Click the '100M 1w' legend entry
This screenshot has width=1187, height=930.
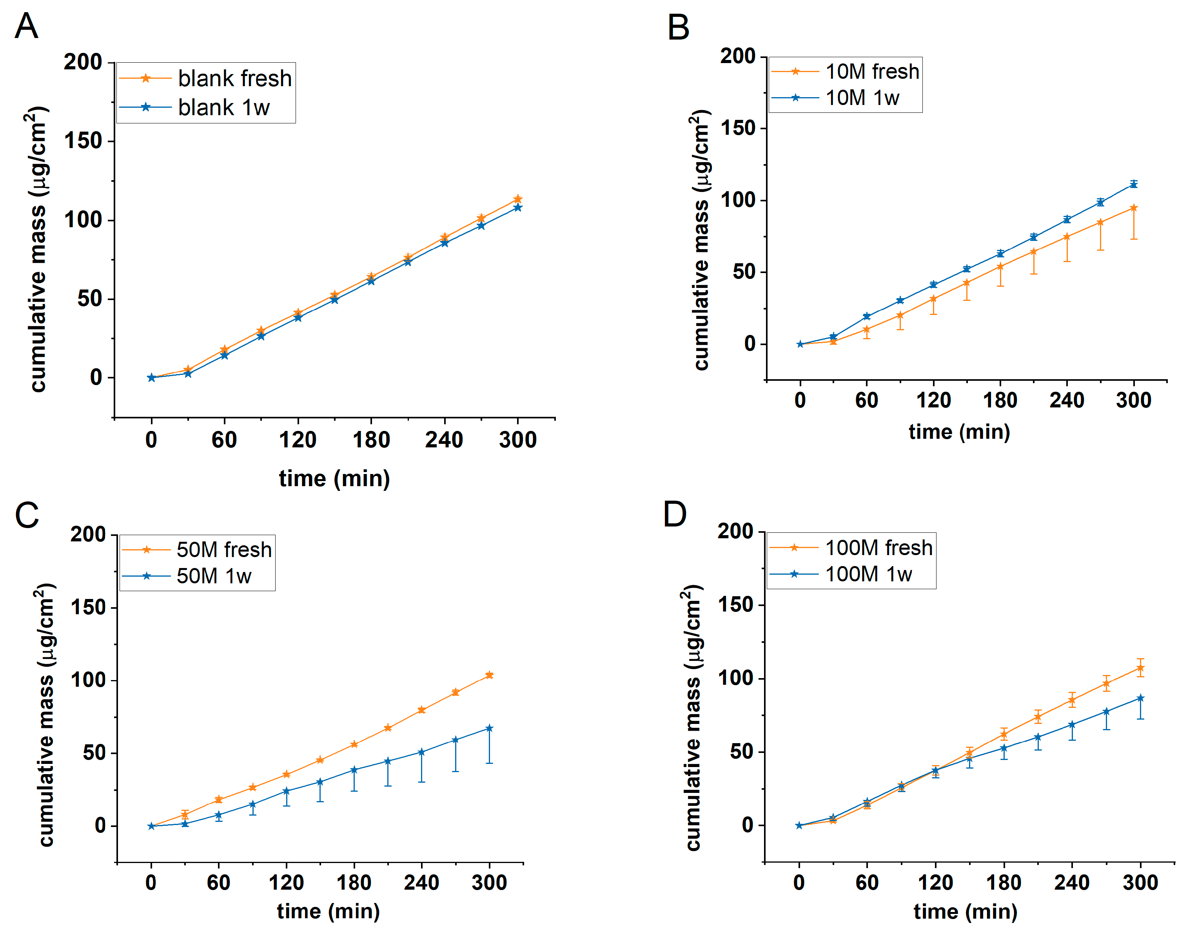(868, 574)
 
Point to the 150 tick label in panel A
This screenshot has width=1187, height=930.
(83, 141)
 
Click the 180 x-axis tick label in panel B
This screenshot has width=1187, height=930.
(1000, 400)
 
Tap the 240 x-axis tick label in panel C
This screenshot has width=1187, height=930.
(421, 883)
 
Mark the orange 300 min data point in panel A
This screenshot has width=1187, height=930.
(517, 199)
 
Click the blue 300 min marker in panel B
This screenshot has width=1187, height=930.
(1134, 185)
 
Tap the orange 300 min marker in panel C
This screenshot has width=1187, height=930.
(489, 675)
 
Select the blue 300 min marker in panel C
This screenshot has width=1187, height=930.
(489, 728)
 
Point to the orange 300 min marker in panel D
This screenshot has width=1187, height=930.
(1140, 668)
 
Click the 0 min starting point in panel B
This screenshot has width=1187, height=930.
(800, 344)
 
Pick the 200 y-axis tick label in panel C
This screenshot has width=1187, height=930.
(88, 534)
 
